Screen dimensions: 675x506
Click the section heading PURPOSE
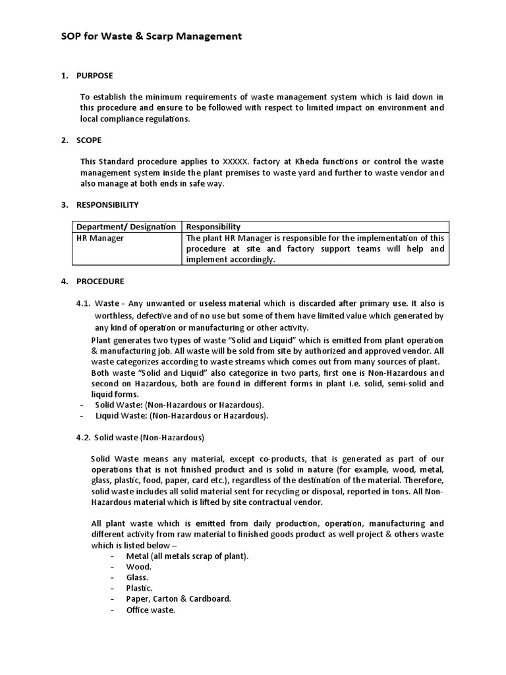(x=95, y=76)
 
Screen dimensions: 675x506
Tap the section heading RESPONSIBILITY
(x=107, y=205)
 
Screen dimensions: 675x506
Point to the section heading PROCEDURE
(x=100, y=281)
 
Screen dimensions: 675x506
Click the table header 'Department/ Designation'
(x=126, y=227)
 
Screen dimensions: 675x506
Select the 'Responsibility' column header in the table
(x=213, y=227)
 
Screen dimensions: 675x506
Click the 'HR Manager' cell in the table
(x=100, y=238)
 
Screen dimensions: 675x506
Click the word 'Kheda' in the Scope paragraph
(x=285, y=162)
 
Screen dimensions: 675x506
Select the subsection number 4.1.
(x=83, y=303)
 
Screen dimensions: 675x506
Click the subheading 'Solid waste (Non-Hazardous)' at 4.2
(x=149, y=437)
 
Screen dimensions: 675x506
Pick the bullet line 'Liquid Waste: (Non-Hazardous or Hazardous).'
(x=182, y=416)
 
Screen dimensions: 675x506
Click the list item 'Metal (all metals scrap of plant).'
(x=188, y=556)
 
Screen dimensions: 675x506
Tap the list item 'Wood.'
(x=139, y=567)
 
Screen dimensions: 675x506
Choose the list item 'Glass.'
(x=139, y=577)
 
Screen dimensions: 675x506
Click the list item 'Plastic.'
(x=140, y=588)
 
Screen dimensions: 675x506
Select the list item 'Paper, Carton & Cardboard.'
(x=179, y=599)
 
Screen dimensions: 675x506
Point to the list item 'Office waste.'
(x=151, y=610)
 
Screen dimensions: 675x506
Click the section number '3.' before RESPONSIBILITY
(x=65, y=205)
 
